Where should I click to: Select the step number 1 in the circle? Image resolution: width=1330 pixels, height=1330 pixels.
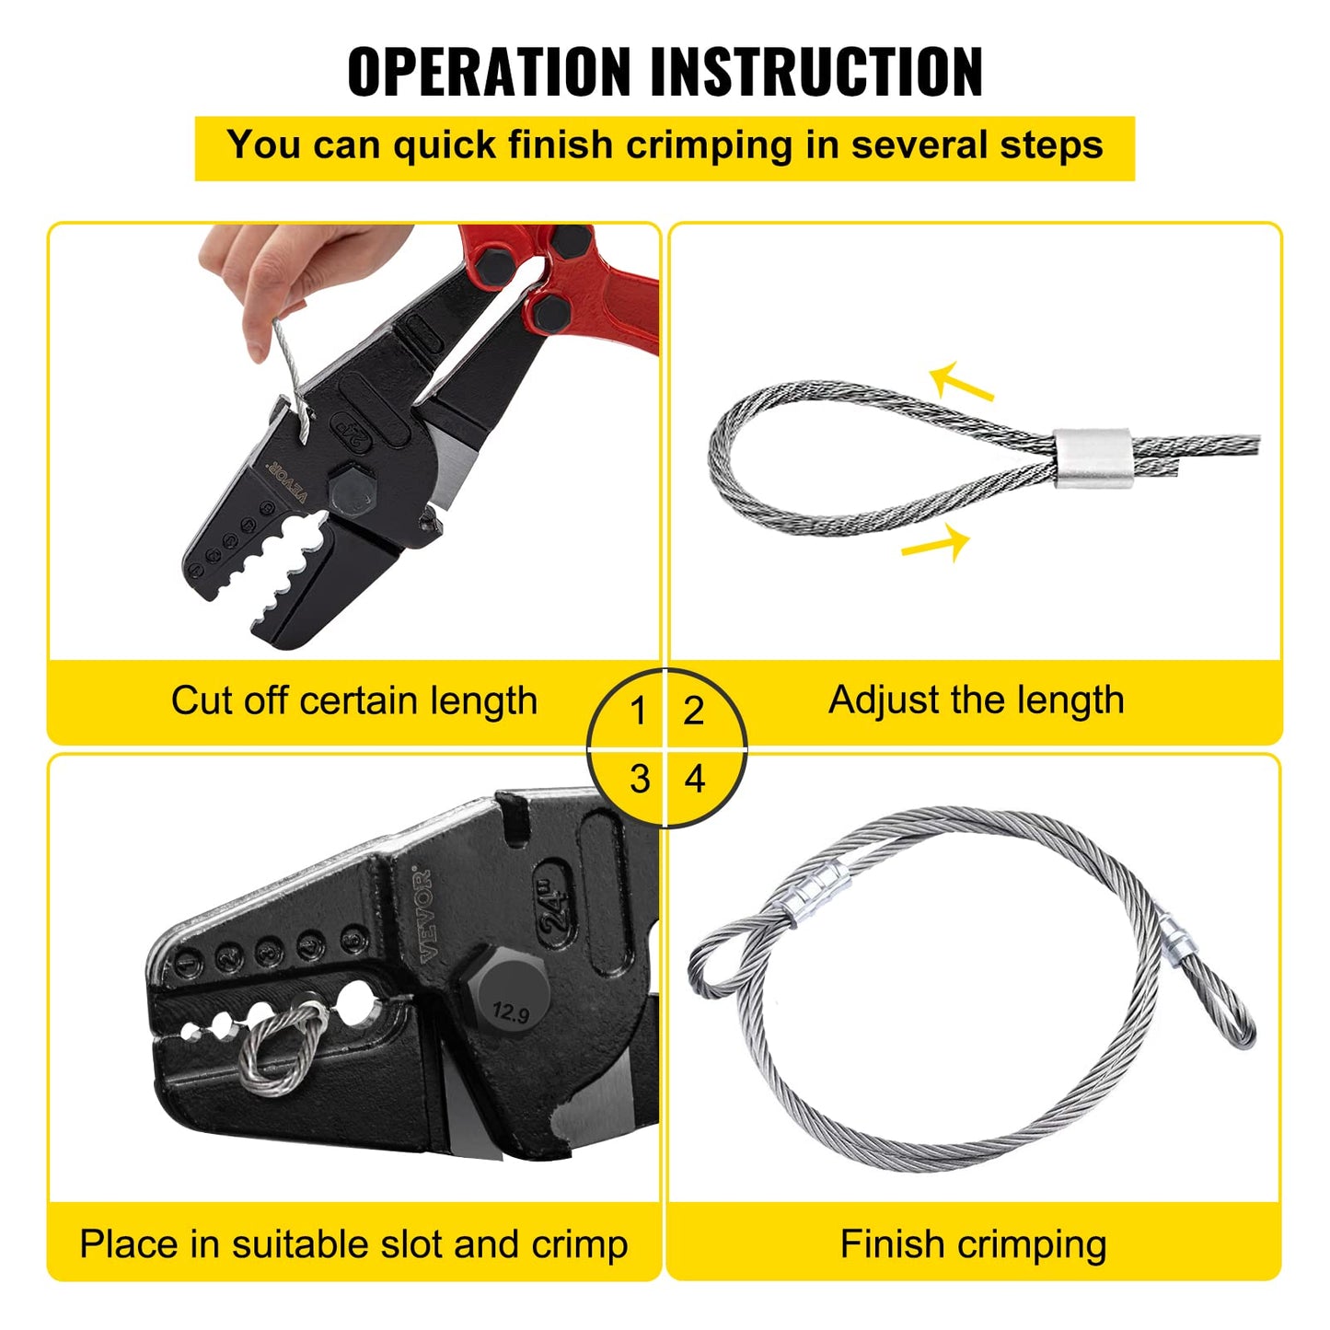[x=638, y=711]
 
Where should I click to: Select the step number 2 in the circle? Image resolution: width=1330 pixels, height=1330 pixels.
[x=693, y=711]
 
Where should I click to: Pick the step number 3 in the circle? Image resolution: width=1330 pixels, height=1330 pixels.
[x=640, y=780]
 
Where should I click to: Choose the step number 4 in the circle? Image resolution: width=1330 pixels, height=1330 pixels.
[x=694, y=780]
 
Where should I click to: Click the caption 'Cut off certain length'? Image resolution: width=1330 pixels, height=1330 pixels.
[x=353, y=701]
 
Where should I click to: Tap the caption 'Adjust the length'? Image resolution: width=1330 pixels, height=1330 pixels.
[x=976, y=700]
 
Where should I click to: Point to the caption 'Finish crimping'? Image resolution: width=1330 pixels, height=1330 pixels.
[x=973, y=1244]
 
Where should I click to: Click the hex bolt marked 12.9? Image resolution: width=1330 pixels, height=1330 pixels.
[x=509, y=1001]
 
